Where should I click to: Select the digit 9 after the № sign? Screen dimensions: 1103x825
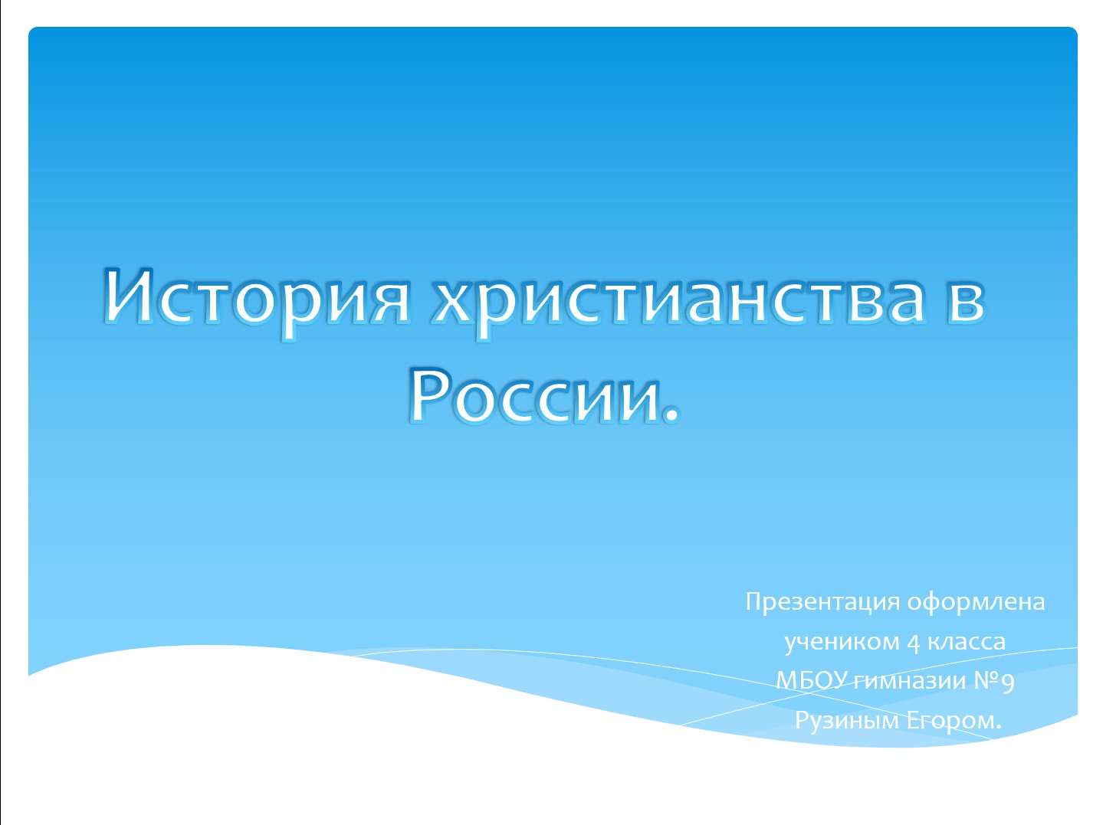point(1008,683)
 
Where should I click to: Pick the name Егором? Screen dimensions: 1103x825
point(950,722)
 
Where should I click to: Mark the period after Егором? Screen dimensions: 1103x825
point(999,727)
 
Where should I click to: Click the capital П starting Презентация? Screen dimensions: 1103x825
point(754,601)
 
